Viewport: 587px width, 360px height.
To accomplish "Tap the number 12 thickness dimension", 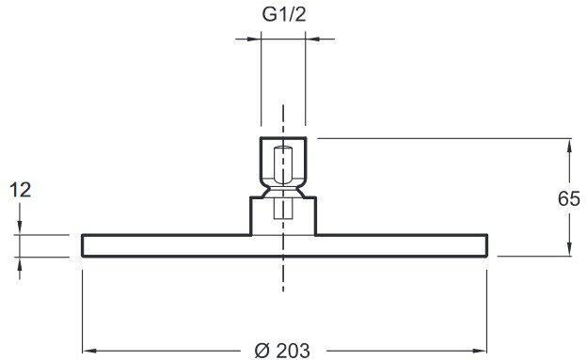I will click(x=21, y=190).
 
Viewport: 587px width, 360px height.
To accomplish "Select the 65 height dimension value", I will click(x=568, y=198).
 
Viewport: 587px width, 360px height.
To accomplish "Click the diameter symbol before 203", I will click(x=262, y=349).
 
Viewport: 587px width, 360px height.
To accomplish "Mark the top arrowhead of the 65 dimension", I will click(x=568, y=143).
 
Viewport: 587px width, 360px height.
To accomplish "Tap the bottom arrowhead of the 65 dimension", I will click(x=568, y=251).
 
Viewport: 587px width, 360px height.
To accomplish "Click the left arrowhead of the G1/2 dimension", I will click(x=254, y=39).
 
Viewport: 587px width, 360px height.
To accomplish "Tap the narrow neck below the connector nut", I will click(x=284, y=189).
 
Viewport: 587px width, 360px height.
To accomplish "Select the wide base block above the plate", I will click(x=284, y=215).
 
